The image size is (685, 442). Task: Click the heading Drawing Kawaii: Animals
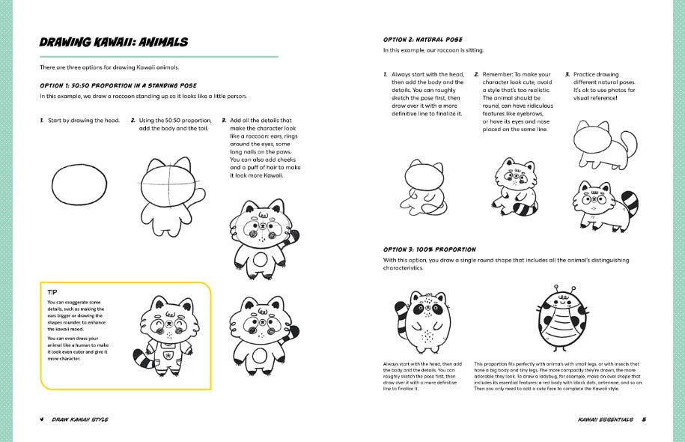113,42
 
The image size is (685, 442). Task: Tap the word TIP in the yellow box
52,292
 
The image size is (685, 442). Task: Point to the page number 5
644,419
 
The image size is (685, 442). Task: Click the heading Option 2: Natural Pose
422,39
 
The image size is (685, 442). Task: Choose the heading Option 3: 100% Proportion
429,249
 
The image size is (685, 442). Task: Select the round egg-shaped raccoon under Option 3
424,319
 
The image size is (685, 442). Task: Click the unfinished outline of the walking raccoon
603,145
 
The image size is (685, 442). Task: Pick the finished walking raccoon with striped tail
605,199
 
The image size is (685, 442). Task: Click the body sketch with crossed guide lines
168,191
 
